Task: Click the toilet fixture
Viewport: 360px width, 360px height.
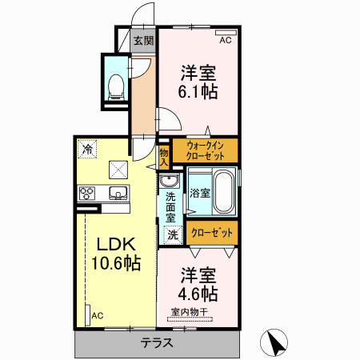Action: tap(116, 87)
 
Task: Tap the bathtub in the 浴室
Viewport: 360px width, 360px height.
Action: tap(224, 191)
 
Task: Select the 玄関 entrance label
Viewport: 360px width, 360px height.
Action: tap(144, 41)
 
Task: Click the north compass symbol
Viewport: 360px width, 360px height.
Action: tap(274, 342)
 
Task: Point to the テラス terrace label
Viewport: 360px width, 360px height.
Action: tap(157, 342)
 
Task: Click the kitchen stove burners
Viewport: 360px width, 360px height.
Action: tap(87, 194)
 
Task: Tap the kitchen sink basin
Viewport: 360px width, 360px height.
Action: tap(118, 193)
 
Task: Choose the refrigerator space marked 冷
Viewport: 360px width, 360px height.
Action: tap(87, 150)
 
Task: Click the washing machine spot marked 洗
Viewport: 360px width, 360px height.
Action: tap(173, 234)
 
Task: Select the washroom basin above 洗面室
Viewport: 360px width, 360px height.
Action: tap(169, 181)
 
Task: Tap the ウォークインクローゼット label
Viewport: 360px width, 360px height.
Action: tap(205, 151)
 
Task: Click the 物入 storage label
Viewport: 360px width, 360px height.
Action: tap(164, 158)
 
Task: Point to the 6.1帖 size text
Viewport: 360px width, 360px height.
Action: tap(198, 92)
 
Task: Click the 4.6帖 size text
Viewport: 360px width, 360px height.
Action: tap(198, 294)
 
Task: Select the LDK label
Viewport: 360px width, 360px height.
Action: tap(116, 244)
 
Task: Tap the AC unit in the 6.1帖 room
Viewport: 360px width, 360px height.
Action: tap(226, 33)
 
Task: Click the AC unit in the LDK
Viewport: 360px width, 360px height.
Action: tap(88, 315)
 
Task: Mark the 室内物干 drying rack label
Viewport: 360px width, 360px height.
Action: tap(190, 312)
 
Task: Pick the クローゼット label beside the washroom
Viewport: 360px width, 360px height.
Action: tap(212, 233)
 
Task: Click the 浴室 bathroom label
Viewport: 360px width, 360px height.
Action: tap(200, 193)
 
